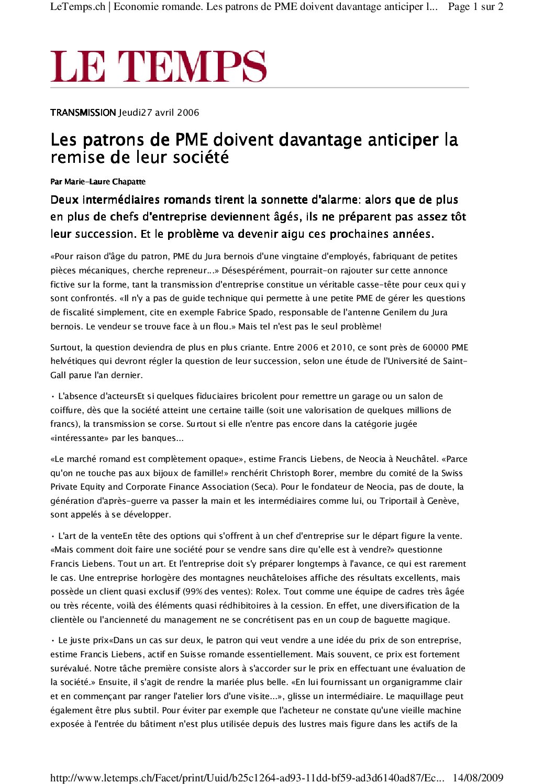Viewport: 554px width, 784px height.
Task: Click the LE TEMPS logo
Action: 158,67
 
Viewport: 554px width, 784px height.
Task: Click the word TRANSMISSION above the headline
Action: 83,113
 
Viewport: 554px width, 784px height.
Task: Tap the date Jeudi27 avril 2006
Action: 159,113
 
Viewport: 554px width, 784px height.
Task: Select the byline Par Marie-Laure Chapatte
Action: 98,182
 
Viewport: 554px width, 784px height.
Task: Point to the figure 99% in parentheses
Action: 196,591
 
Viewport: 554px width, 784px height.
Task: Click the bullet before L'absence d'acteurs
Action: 53,396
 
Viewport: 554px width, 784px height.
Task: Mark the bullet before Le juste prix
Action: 53,641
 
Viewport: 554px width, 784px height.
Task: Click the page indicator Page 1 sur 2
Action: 475,7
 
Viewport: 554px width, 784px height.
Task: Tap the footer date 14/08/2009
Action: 478,777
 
